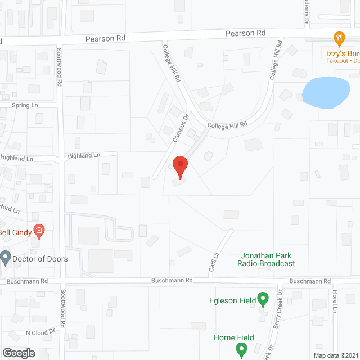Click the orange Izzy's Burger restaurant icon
pos(339,39)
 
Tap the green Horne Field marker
pos(241,350)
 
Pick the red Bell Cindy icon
pos(39,229)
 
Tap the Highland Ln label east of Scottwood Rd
pos(83,155)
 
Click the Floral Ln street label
pos(334,301)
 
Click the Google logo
pos(19,353)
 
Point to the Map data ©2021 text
pos(335,355)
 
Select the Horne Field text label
pos(234,337)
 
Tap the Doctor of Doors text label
pos(42,259)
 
